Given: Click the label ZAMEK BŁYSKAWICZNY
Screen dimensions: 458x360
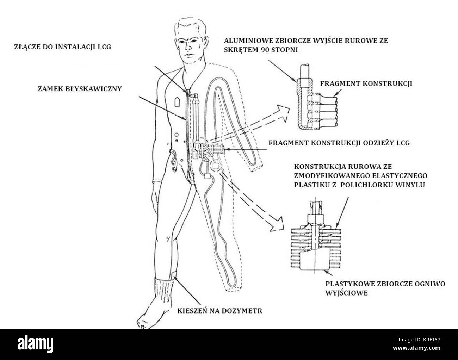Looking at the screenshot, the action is [x=80, y=88].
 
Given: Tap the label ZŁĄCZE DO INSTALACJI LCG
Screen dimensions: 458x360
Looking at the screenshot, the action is [x=63, y=46].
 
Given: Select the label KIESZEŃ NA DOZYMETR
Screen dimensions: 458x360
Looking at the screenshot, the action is [x=220, y=311].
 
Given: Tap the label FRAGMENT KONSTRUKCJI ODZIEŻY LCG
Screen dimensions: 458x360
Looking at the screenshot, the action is [x=339, y=143].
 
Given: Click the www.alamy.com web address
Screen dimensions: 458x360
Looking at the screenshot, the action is [x=416, y=348].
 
